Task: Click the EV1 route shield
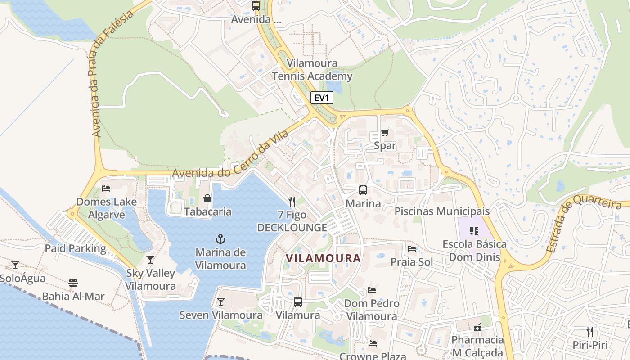[x=322, y=98]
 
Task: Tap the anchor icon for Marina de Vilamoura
[x=220, y=239]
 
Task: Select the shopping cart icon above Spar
[x=385, y=132]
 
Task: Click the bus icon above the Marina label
[x=363, y=190]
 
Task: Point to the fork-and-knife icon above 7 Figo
[x=292, y=201]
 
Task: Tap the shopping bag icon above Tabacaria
[x=207, y=198]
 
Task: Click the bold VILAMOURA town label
[x=323, y=258]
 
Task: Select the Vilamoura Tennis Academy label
[x=312, y=70]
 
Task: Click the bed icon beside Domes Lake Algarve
[x=106, y=188]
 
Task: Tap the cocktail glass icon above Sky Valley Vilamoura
[x=150, y=260]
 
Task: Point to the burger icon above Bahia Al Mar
[x=73, y=283]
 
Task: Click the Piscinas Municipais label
[x=442, y=211]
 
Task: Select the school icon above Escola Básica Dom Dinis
[x=474, y=231]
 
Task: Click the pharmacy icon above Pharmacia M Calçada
[x=477, y=327]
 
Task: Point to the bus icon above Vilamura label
[x=297, y=302]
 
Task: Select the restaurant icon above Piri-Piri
[x=589, y=332]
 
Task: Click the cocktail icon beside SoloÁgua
[x=15, y=265]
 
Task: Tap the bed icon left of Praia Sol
[x=411, y=249]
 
